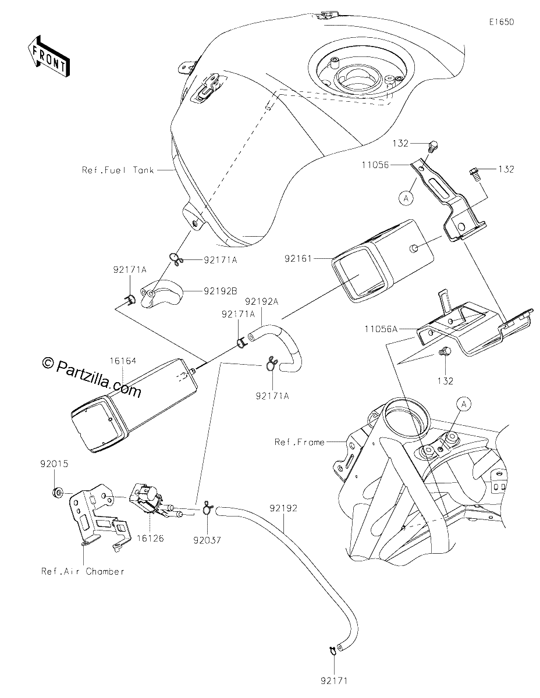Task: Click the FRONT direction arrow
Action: click(49, 56)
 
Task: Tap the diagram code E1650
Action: click(502, 22)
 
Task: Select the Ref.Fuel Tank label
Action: click(118, 170)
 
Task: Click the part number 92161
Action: click(298, 258)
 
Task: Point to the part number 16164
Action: click(123, 361)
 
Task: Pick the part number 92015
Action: click(54, 464)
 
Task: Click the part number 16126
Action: click(150, 538)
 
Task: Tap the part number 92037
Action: click(207, 540)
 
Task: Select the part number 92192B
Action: click(221, 291)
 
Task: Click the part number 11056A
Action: click(381, 329)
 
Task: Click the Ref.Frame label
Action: click(300, 442)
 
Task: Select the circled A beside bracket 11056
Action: click(406, 198)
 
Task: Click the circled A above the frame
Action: click(464, 404)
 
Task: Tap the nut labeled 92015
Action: click(58, 492)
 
